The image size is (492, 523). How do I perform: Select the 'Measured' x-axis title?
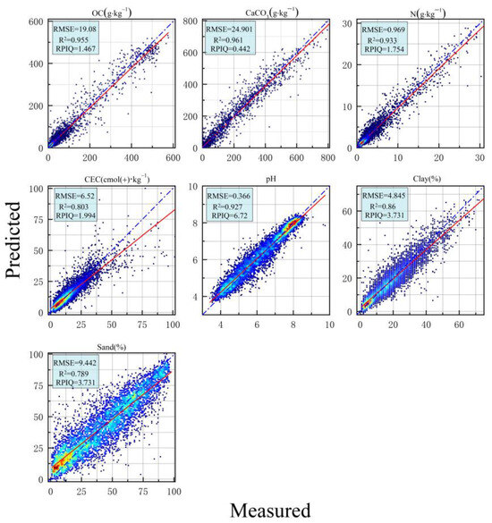(x=270, y=510)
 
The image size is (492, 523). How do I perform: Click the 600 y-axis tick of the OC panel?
(x=37, y=21)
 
